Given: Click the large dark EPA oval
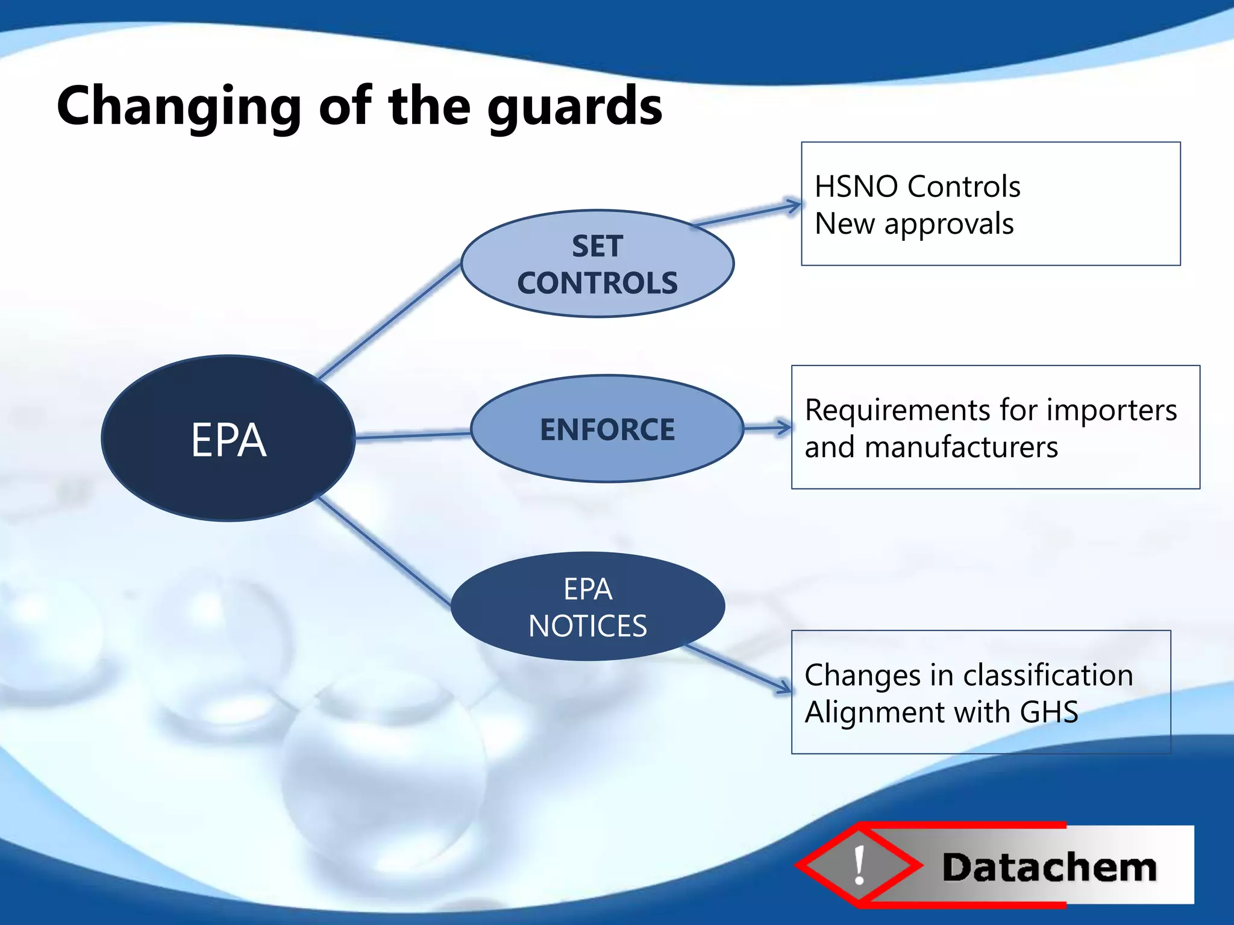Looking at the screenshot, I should (x=228, y=438).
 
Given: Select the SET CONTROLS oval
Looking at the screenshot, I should (x=597, y=264).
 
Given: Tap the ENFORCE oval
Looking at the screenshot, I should (x=607, y=429).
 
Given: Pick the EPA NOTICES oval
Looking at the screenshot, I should (x=587, y=606).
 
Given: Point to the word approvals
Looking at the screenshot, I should (x=948, y=223).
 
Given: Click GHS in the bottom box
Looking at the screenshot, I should (x=1048, y=712).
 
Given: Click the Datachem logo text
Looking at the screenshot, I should (x=1049, y=867).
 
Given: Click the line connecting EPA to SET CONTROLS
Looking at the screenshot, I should (x=389, y=322).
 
